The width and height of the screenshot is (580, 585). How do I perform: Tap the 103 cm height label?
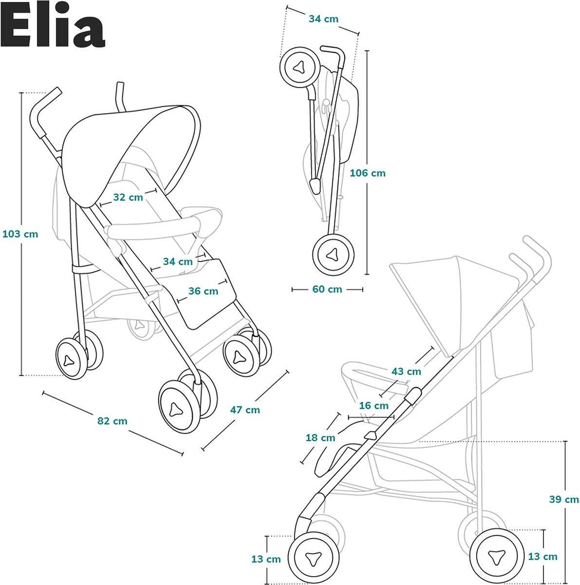(x=20, y=234)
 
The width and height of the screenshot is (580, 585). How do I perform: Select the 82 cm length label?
(x=112, y=421)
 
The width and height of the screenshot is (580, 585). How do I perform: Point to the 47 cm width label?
(x=245, y=410)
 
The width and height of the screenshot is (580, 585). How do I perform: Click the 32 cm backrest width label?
(x=128, y=197)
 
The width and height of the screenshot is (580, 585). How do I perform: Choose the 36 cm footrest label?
(x=203, y=291)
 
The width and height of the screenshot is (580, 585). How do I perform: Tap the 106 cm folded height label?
(x=368, y=173)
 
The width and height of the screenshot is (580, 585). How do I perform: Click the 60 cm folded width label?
(x=327, y=289)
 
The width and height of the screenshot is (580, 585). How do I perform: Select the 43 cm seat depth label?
(x=406, y=371)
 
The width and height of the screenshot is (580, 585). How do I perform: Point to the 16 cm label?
(x=374, y=406)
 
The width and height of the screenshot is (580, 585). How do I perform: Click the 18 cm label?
(x=320, y=438)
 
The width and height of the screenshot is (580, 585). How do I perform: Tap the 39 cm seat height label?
(x=564, y=500)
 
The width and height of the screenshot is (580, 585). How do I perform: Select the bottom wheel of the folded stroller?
(x=333, y=254)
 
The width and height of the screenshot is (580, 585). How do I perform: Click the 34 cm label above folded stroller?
(x=323, y=19)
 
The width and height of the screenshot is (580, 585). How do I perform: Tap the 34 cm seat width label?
(x=178, y=262)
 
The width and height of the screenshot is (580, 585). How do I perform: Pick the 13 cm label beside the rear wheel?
(x=543, y=557)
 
